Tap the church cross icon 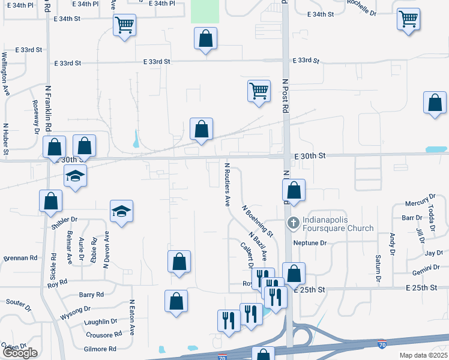tap(293, 223)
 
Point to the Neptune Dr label tap(309, 243)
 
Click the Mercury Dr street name tap(420, 201)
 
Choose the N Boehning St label tap(258, 220)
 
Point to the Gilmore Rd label tap(100, 349)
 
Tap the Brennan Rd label tap(20, 258)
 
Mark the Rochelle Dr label tap(361, 8)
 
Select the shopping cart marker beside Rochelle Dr tap(408, 19)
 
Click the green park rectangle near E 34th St tap(205, 11)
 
